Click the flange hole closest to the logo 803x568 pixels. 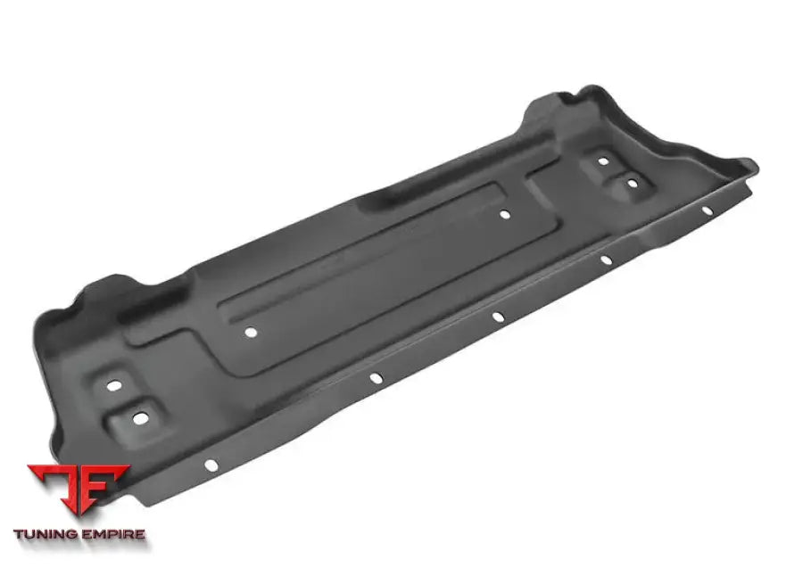click(x=211, y=465)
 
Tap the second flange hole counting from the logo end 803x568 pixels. click(x=376, y=379)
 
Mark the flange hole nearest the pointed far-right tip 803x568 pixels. click(x=706, y=210)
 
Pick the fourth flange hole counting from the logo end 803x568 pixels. click(x=605, y=260)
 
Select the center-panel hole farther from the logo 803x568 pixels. click(x=504, y=214)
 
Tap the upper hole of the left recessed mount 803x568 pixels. click(x=114, y=386)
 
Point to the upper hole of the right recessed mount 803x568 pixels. click(x=603, y=161)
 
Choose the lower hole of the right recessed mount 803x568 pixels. click(x=632, y=184)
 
